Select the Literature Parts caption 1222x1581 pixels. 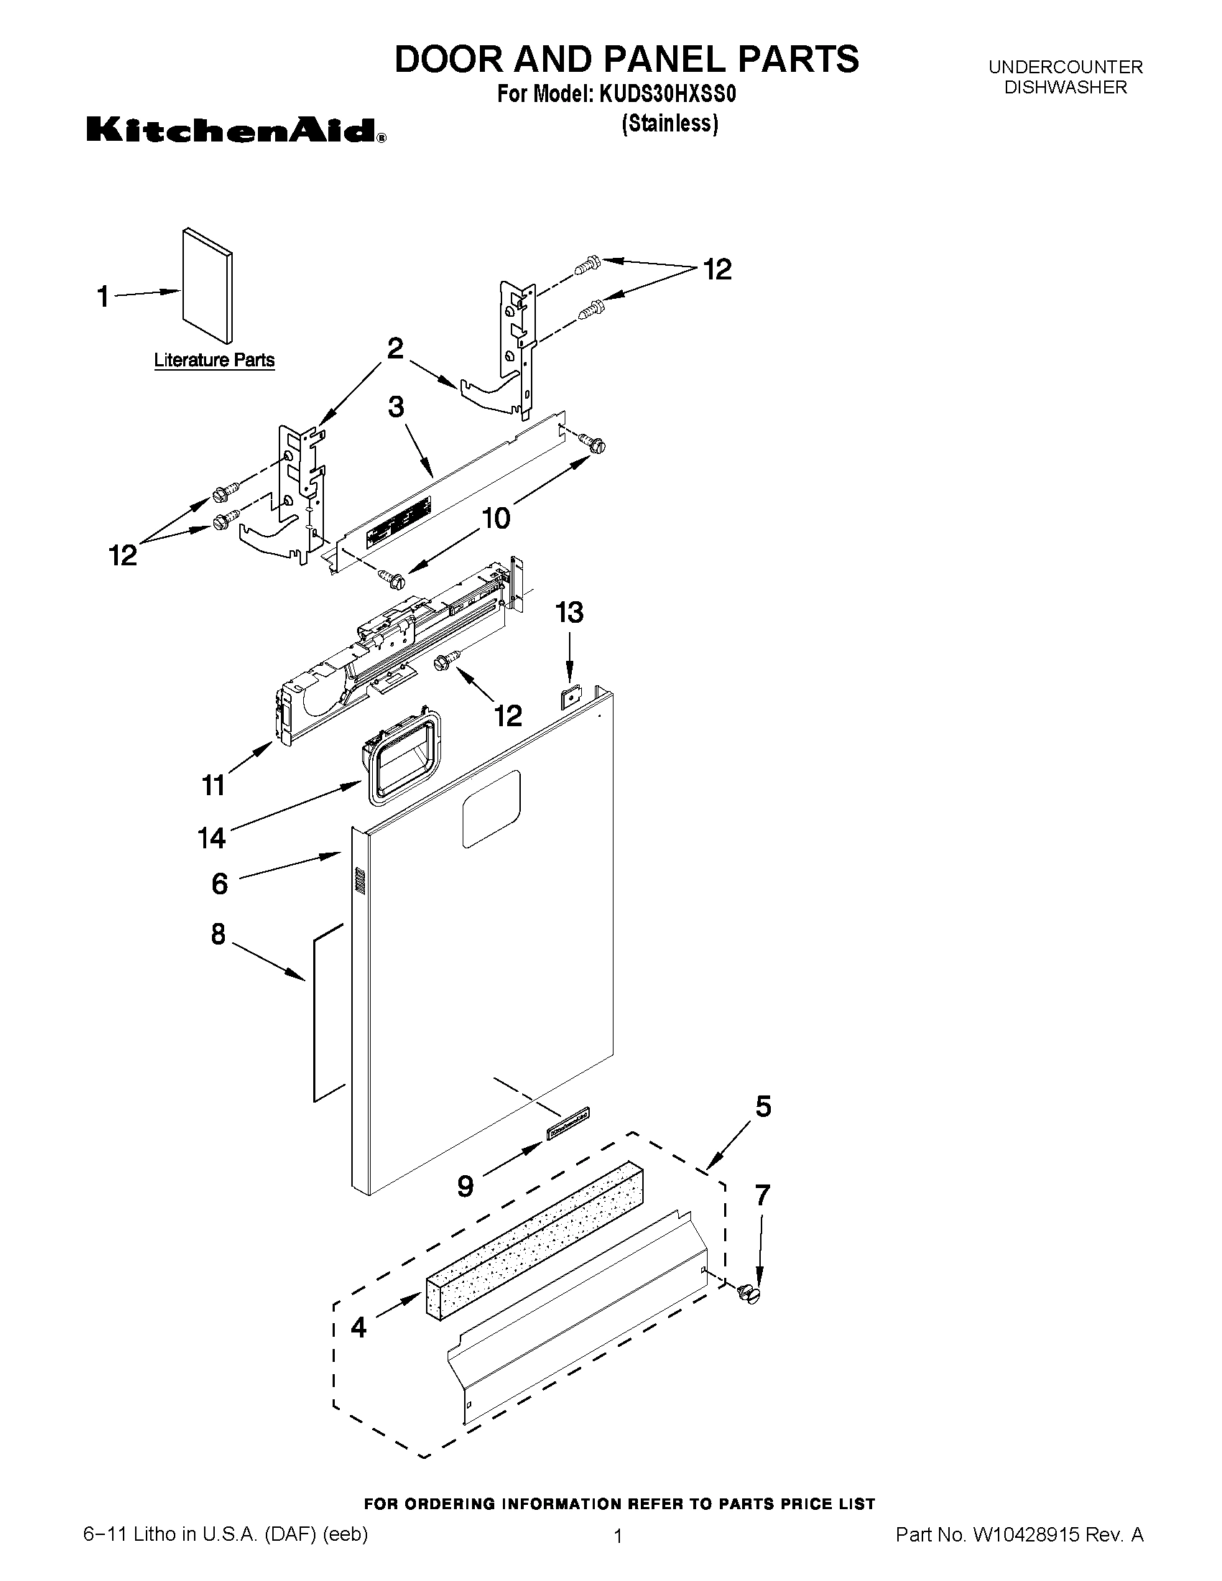coord(214,360)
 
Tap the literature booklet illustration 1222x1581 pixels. coord(208,285)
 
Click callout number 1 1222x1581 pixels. coord(103,296)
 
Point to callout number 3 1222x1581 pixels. coord(396,407)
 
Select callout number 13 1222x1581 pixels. coord(569,613)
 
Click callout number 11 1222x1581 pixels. coord(213,784)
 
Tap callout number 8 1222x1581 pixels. coord(218,935)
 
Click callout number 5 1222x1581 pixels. coord(763,1106)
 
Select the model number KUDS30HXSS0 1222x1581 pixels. coord(667,95)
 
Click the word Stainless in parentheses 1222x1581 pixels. coord(670,124)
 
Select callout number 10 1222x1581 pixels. coord(496,519)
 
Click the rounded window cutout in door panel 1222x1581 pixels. coord(491,809)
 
